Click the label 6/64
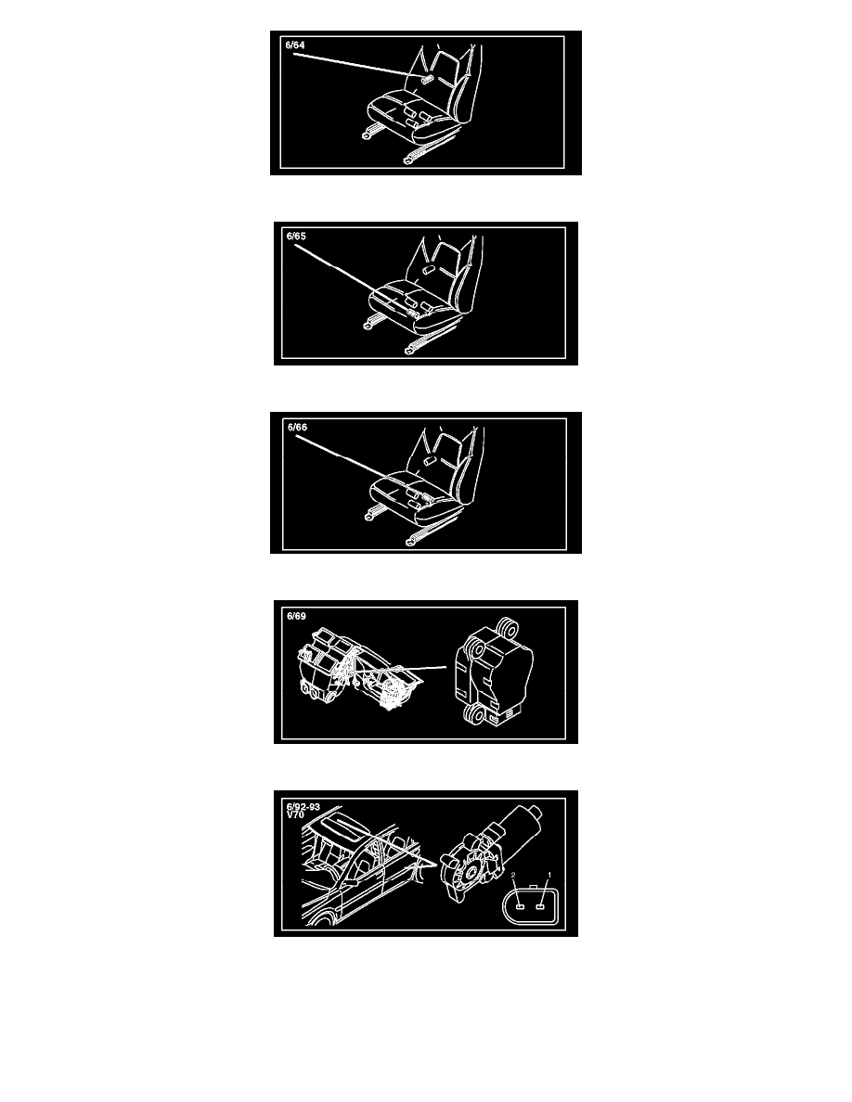click(x=295, y=45)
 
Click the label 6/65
click(x=296, y=237)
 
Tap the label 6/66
click(x=297, y=428)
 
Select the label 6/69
click(x=296, y=616)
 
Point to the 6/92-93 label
click(x=303, y=807)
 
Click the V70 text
click(x=295, y=815)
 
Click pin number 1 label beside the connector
click(x=549, y=876)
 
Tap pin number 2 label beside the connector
click(x=513, y=876)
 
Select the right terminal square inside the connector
click(x=540, y=906)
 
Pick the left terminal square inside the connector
click(x=520, y=906)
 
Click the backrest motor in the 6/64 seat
click(x=427, y=78)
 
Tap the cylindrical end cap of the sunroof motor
click(x=536, y=813)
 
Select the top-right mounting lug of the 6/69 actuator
click(x=506, y=625)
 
